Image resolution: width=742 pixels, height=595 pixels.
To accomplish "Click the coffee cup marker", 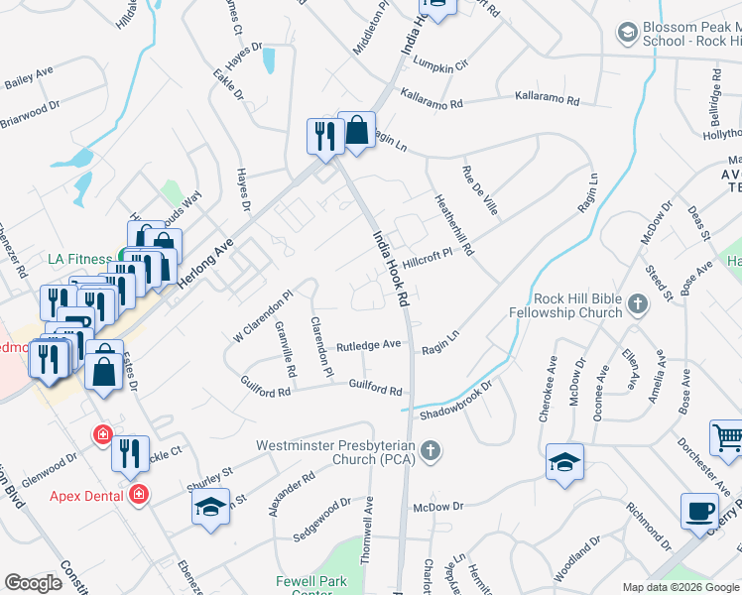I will pyautogui.click(x=700, y=511).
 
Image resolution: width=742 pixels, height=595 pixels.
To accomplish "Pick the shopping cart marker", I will pyautogui.click(x=727, y=437).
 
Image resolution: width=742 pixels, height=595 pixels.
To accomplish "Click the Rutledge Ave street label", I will pyautogui.click(x=368, y=344).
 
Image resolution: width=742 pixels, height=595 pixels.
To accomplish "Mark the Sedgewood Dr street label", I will pyautogui.click(x=322, y=520).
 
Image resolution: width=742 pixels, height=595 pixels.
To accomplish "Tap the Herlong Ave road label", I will pyautogui.click(x=205, y=262).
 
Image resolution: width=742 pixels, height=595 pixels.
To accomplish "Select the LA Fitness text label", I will pyautogui.click(x=80, y=259).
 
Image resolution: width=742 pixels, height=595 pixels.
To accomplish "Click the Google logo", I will pyautogui.click(x=33, y=583).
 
